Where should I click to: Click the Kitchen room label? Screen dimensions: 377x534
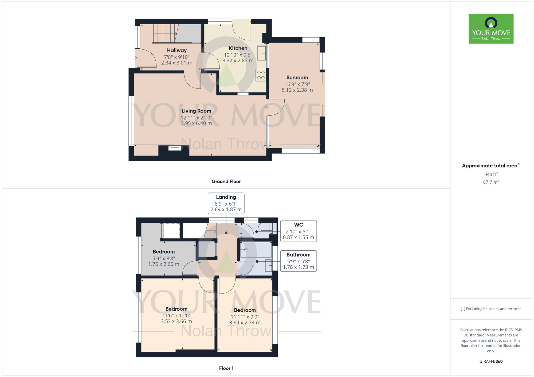(x=238, y=48)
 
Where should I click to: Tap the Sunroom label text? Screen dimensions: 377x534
(x=297, y=78)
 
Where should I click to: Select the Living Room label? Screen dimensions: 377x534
(x=196, y=111)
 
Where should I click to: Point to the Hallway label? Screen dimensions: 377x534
(x=177, y=50)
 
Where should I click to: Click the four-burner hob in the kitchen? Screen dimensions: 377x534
(x=261, y=75)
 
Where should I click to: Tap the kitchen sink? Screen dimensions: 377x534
(x=262, y=53)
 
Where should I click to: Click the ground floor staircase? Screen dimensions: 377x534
(x=164, y=33)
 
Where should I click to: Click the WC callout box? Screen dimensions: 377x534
(x=298, y=231)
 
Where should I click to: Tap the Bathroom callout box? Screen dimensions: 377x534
(x=298, y=261)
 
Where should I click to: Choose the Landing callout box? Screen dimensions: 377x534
(x=226, y=203)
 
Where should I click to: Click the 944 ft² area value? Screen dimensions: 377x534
(x=491, y=174)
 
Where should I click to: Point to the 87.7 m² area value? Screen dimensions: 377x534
(x=491, y=182)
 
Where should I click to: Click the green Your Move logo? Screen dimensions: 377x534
(x=491, y=29)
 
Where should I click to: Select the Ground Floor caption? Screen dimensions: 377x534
(x=226, y=182)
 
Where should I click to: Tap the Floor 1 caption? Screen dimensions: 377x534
(x=226, y=368)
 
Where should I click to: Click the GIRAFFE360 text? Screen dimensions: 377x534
(x=491, y=362)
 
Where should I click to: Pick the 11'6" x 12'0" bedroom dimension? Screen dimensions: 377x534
(x=176, y=315)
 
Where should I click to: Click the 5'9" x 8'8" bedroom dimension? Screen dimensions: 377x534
(x=164, y=258)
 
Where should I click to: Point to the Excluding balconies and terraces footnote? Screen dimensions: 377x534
(x=491, y=309)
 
